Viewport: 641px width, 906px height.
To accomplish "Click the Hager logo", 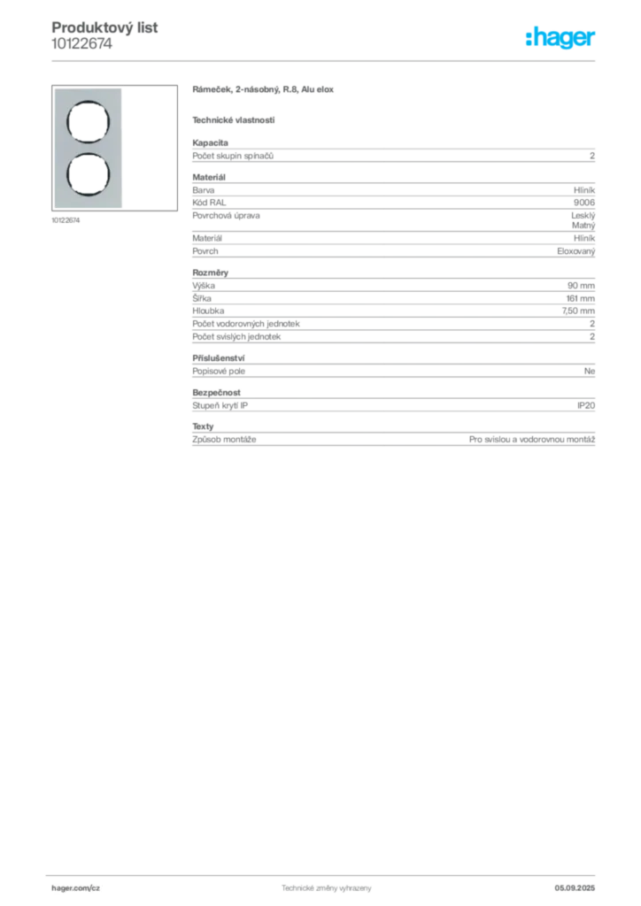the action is click(560, 38).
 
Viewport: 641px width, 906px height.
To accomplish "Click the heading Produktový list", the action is click(104, 27).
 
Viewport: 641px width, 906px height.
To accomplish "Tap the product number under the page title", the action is click(81, 44).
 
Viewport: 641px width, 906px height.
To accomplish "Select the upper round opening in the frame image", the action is click(88, 122).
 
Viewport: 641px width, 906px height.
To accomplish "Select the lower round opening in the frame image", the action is click(88, 174).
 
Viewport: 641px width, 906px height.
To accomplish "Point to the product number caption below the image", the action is click(66, 220).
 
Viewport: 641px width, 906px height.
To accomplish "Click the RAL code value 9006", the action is click(583, 203).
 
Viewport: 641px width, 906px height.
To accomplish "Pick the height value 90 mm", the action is click(581, 286).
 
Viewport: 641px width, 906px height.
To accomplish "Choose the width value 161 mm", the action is click(580, 299).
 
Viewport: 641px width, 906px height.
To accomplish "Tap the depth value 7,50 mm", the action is click(578, 311).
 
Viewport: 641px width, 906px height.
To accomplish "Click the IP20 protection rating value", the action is click(586, 405).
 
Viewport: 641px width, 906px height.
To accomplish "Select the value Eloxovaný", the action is click(575, 251).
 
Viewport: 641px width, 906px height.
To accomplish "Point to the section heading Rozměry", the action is click(211, 273).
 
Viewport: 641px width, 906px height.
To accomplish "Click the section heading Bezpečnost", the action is click(216, 392).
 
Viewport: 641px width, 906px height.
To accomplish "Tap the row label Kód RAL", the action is click(209, 203).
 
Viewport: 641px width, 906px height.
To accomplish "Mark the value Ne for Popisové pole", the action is click(589, 371).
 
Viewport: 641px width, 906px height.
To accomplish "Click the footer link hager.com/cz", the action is click(76, 888).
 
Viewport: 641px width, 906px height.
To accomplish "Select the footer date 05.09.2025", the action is click(575, 888).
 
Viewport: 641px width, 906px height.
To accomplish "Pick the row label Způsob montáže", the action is click(224, 440).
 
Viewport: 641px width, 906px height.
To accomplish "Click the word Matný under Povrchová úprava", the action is click(583, 226).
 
